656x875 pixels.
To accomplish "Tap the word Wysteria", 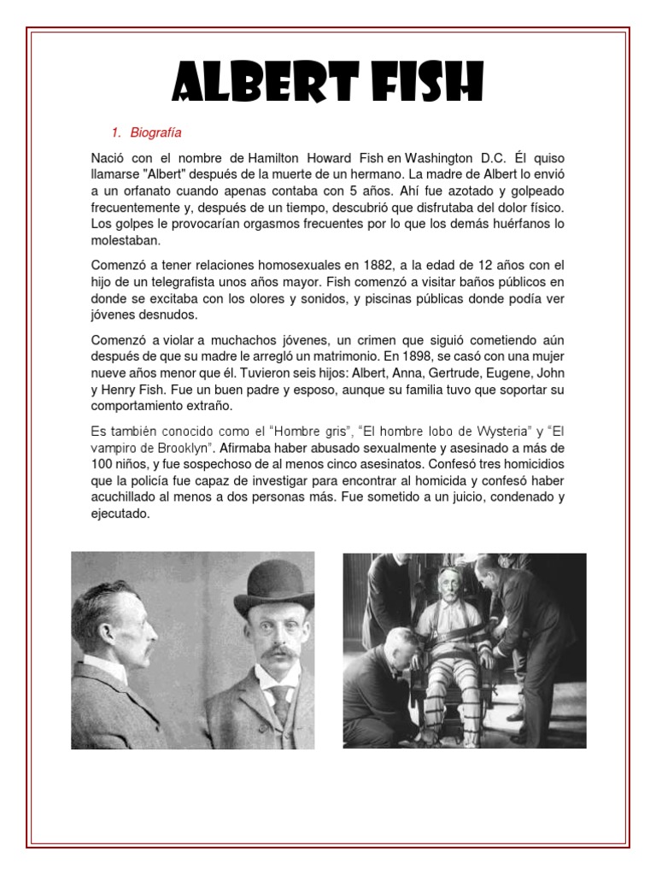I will click(x=485, y=431).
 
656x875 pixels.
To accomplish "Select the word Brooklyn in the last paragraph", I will click(x=193, y=448).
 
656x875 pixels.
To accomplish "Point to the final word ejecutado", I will click(x=120, y=514).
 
